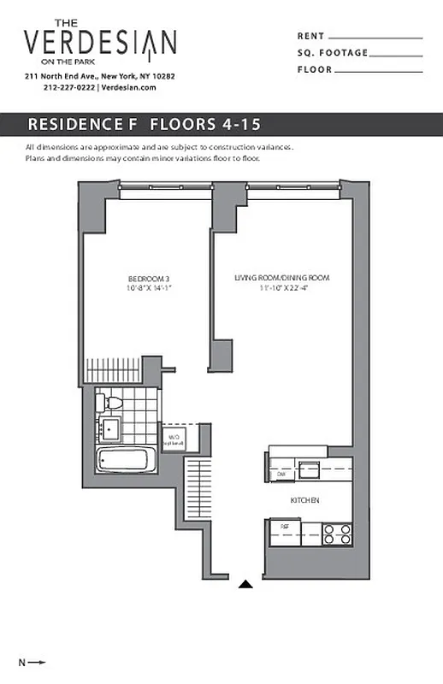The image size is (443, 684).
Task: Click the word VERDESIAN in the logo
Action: pos(100,43)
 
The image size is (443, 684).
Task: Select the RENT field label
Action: pos(310,37)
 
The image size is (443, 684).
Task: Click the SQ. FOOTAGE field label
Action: pos(332,53)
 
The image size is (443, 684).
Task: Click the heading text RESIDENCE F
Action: pos(83,124)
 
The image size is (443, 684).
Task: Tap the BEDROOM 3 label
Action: pos(148,279)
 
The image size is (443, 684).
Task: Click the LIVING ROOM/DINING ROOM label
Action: pos(281,279)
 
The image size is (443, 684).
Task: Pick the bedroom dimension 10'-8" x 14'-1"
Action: pos(148,289)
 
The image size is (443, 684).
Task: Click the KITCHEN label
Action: pos(304,500)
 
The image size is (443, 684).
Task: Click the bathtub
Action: pos(125,461)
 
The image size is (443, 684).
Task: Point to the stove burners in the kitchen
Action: pos(337,534)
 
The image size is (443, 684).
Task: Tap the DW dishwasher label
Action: pos(282,473)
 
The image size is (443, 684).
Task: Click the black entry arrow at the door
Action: pos(245,584)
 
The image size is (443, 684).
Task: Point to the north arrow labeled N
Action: pos(32,662)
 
